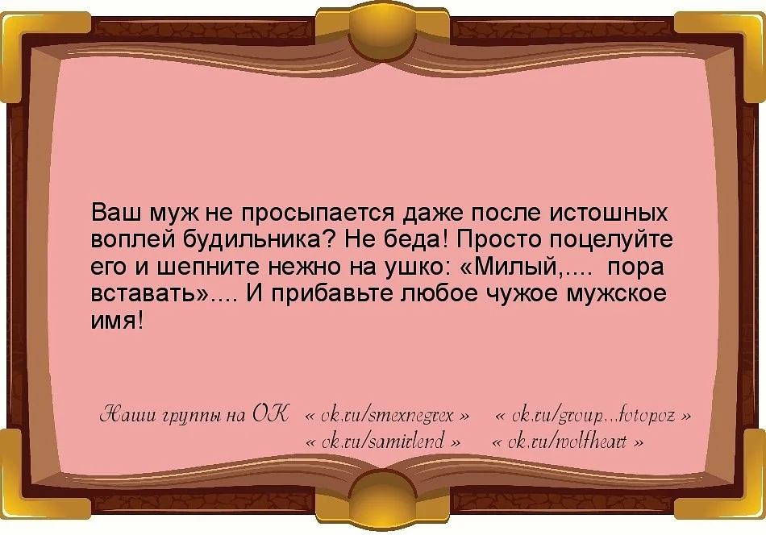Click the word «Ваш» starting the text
116,214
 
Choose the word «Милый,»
514,267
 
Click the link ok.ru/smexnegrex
388,417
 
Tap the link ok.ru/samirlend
385,442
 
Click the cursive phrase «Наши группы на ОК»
193,416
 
